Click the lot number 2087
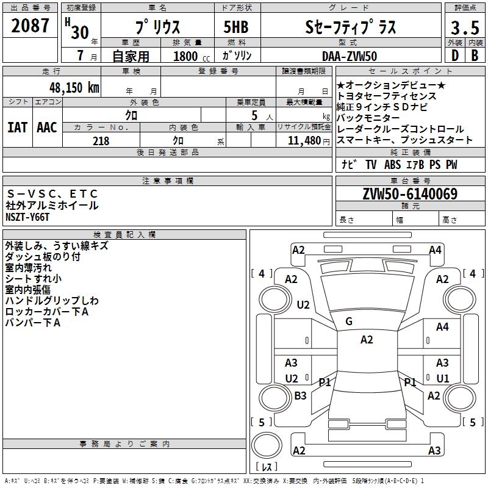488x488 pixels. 30,26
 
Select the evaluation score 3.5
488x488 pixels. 464,28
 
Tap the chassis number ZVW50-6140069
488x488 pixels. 410,195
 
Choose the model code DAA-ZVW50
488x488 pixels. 349,56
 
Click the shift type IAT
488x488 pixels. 17,127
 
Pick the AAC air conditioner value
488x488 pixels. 46,127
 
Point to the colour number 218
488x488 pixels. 101,141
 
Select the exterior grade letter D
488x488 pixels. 454,56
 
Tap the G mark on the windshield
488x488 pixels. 349,321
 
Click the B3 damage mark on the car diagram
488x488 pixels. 300,396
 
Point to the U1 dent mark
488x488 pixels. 442,378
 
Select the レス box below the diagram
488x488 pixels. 267,467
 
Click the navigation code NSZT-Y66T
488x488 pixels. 28,217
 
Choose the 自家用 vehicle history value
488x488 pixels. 131,56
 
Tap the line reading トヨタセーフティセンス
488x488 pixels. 387,96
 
